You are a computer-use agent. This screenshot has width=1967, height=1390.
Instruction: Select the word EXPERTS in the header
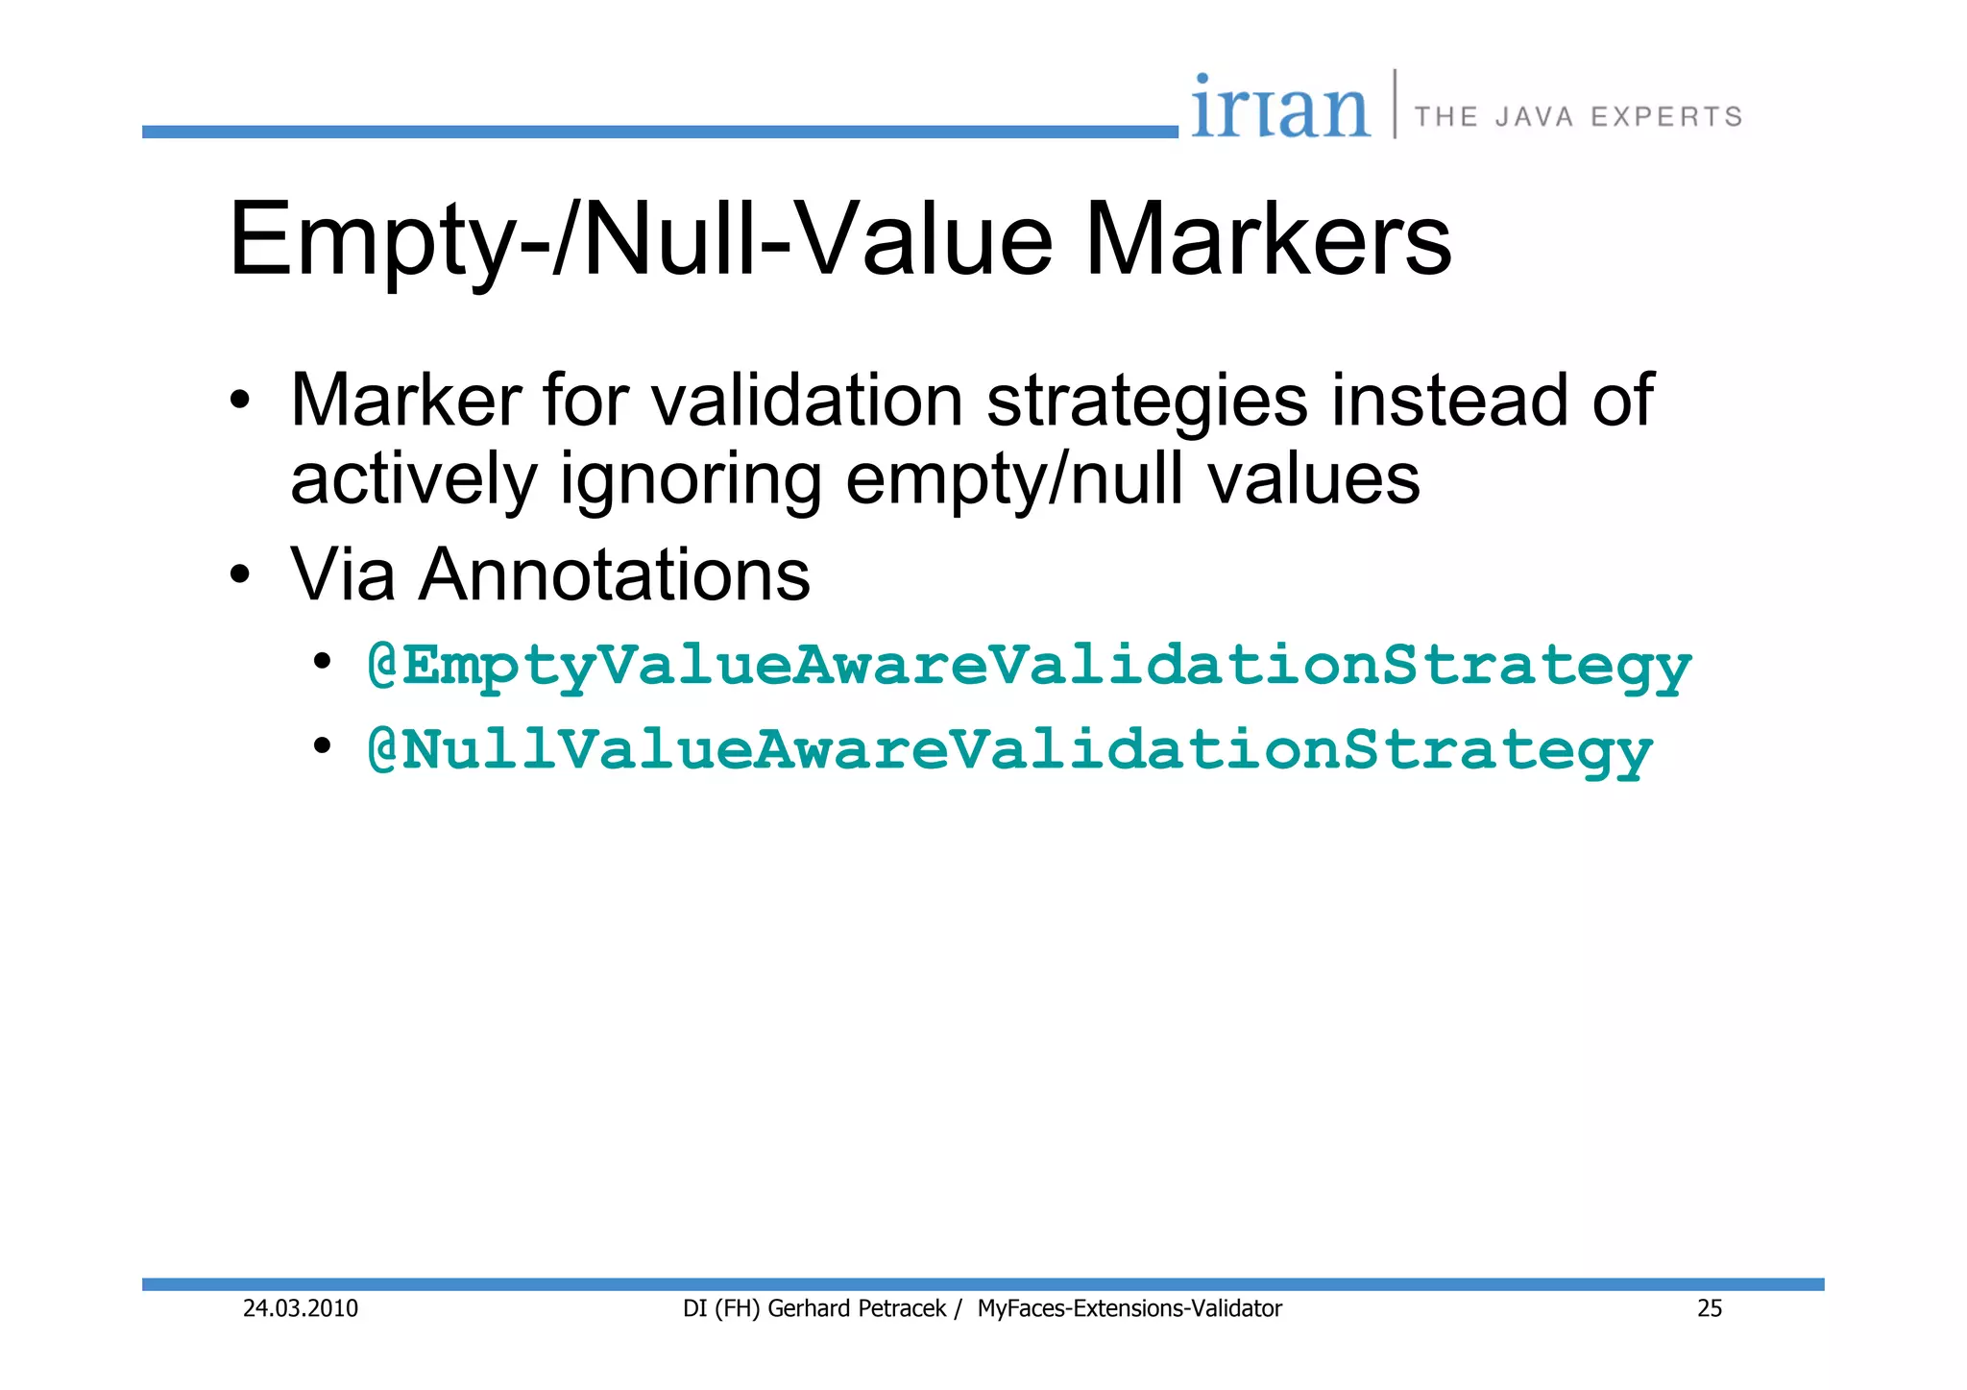click(x=1666, y=117)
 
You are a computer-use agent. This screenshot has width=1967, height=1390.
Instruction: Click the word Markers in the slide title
click(x=1268, y=239)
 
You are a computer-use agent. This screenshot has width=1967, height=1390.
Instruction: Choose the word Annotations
click(x=614, y=574)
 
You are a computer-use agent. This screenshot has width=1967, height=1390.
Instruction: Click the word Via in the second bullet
click(x=343, y=574)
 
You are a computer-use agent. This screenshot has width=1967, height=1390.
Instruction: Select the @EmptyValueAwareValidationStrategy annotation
click(x=1029, y=666)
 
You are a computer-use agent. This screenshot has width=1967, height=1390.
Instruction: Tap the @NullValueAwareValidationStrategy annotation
click(x=1009, y=749)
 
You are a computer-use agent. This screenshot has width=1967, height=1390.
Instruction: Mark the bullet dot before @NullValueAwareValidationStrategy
click(x=323, y=746)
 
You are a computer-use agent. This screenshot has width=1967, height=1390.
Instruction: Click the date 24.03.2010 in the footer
click(x=301, y=1308)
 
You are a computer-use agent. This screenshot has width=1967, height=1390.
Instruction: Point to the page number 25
click(x=1710, y=1308)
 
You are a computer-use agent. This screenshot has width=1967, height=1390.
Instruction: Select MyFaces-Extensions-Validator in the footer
click(x=1129, y=1308)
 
